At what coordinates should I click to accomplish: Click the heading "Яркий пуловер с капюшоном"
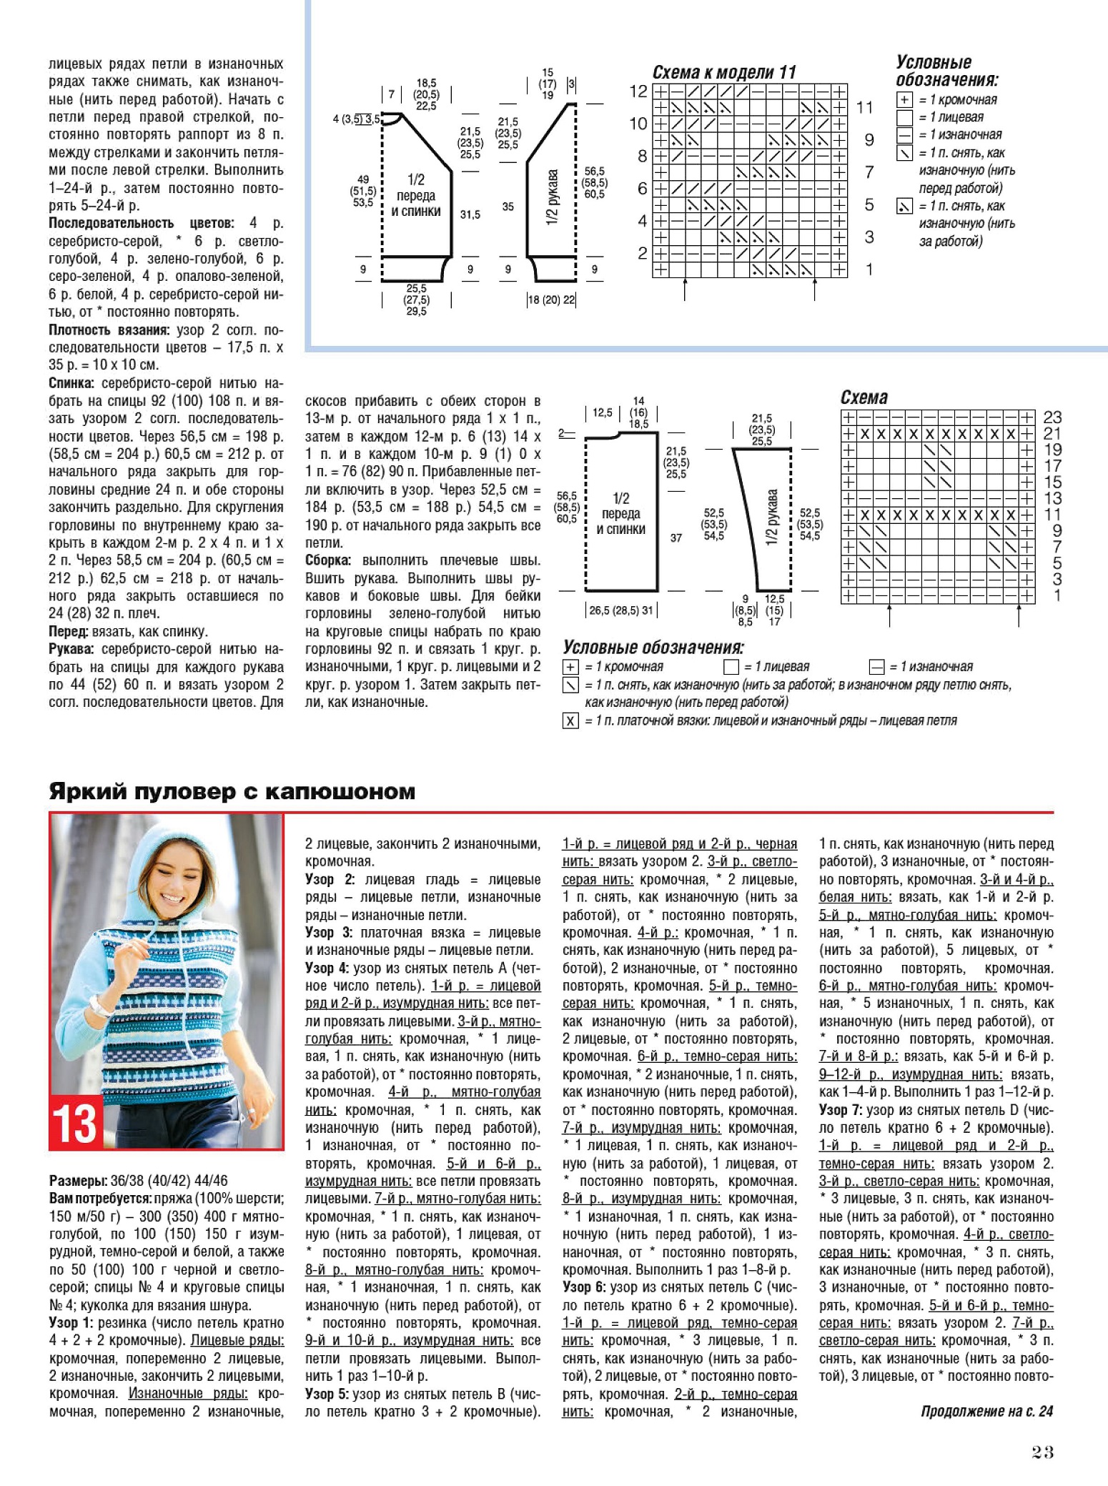(x=232, y=791)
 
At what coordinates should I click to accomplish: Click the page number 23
(x=1043, y=1451)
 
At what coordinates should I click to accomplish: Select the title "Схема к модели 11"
(x=723, y=72)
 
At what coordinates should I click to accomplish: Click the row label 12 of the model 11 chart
(x=638, y=91)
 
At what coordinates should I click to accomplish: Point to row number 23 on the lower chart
(x=1052, y=417)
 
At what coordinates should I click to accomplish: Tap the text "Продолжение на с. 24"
(x=986, y=1411)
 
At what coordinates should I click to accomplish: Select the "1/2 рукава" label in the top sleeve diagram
(x=552, y=197)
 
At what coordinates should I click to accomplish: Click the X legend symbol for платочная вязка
(x=570, y=720)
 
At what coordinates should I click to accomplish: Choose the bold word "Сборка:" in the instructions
(x=328, y=560)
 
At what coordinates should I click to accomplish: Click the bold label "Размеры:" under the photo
(x=78, y=1181)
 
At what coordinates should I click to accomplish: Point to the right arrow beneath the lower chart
(x=1019, y=615)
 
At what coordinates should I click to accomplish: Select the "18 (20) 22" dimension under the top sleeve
(x=552, y=299)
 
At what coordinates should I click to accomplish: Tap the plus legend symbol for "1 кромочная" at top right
(x=904, y=100)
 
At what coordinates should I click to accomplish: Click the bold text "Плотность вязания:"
(x=109, y=330)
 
